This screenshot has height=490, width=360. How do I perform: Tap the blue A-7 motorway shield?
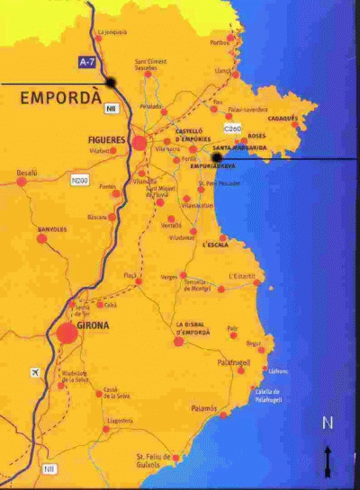pos(84,63)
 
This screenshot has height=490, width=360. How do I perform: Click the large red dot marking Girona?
pos(67,334)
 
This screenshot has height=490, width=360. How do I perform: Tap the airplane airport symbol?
pos(36,372)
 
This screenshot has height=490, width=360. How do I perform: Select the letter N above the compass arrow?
pos(328,423)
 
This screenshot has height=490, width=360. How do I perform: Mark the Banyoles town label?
pos(51,230)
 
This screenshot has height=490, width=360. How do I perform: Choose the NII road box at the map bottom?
pos(49,468)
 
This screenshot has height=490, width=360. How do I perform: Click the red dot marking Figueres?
pos(139,143)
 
